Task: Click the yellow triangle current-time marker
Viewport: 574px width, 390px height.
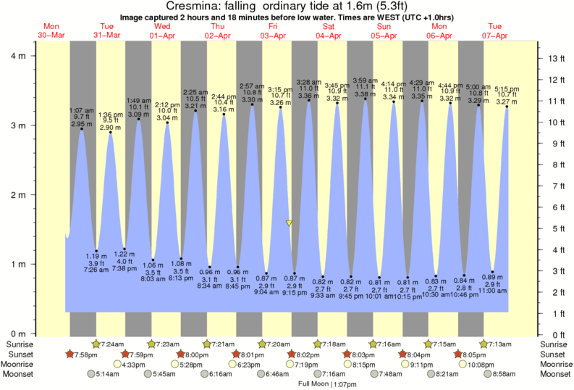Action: [x=289, y=223]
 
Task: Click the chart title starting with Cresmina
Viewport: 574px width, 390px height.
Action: [x=287, y=6]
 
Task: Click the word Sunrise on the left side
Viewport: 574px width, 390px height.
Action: [x=20, y=343]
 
